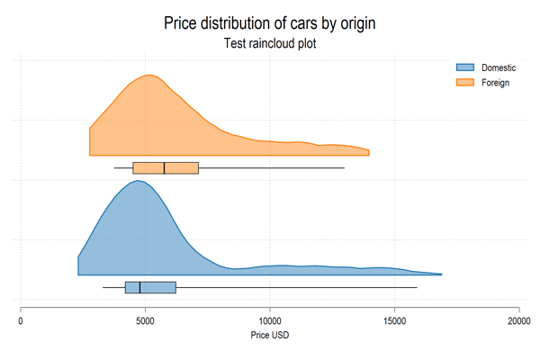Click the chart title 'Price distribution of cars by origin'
point(269,22)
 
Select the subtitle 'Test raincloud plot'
point(269,43)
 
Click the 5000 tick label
point(145,319)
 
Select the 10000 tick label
point(270,319)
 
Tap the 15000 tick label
point(394,319)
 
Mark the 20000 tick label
point(518,319)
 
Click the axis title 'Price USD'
point(269,336)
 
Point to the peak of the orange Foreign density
point(149,76)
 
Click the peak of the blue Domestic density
point(137,181)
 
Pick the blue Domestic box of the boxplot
point(150,287)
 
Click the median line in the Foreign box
point(164,167)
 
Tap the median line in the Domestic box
point(139,287)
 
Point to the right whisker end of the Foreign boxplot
point(344,167)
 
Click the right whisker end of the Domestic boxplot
point(417,287)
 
